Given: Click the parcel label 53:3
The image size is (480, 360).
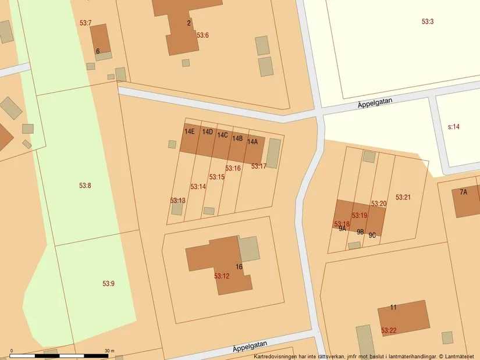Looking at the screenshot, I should click(428, 22).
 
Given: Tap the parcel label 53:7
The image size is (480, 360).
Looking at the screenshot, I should click(86, 23).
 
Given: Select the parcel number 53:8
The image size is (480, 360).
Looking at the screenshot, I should click(85, 186).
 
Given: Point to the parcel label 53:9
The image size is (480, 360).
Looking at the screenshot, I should click(109, 284).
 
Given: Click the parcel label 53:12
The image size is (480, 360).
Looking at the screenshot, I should click(222, 276).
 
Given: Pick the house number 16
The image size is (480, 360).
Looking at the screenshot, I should click(239, 267).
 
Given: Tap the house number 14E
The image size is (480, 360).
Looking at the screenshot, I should click(190, 131).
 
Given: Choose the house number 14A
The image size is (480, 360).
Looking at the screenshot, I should click(252, 142).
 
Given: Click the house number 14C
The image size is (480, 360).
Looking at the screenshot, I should click(222, 136).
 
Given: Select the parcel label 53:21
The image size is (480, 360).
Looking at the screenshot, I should click(403, 197).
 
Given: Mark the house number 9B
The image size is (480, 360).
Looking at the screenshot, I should click(360, 232).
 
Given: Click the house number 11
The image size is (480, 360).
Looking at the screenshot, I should click(393, 307).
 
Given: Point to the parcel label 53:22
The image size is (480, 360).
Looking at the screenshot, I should click(389, 330).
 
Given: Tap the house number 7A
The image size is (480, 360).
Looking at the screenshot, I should click(463, 192).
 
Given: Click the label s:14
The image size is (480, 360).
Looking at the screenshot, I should click(454, 126).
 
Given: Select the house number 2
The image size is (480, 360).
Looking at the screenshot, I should click(189, 23).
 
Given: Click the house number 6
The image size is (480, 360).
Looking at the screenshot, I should click(98, 51).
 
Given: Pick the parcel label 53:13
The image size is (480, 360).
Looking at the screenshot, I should click(177, 201).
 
